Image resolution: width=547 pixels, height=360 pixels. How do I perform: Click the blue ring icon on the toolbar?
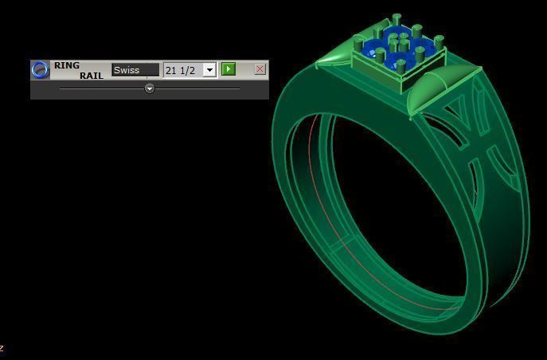click(40, 70)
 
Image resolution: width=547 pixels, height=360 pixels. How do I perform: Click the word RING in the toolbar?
click(67, 65)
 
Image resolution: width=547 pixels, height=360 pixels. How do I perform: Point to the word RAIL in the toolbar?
click(91, 76)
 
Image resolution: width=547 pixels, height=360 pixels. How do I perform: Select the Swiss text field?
click(135, 70)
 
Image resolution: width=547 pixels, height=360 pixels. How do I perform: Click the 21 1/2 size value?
click(181, 70)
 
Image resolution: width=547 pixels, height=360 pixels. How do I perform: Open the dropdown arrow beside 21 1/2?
click(209, 70)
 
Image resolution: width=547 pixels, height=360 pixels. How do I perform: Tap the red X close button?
click(260, 69)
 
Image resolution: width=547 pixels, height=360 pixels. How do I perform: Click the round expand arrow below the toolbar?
click(149, 89)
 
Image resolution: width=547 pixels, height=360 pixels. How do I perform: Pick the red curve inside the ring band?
click(317, 199)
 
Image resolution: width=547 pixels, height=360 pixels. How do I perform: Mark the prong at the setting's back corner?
click(396, 19)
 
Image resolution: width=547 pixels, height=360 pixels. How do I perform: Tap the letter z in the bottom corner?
click(2, 348)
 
